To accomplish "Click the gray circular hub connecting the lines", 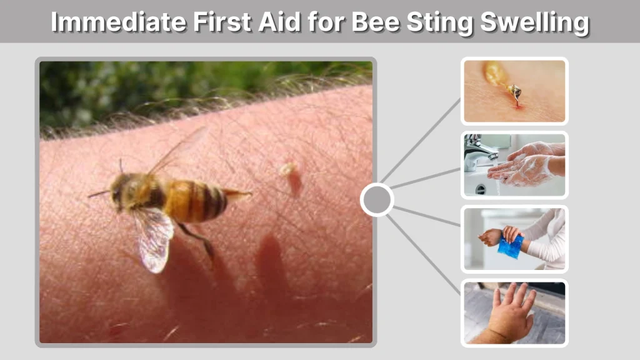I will (377, 200).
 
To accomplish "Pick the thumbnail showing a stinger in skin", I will (514, 91).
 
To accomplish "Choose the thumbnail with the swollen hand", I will (514, 312).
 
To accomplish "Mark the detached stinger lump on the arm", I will (289, 170).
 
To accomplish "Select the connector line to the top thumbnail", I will (421, 140).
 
